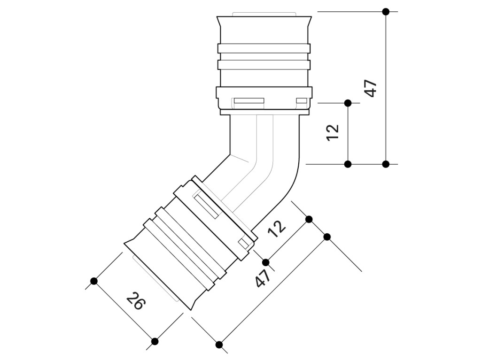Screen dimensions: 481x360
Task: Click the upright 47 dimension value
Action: [371, 88]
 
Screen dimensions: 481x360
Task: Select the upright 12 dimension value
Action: [333, 132]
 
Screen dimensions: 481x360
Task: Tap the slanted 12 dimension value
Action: [277, 229]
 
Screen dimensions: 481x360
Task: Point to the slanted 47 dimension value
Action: [263, 278]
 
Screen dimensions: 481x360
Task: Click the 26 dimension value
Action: [135, 301]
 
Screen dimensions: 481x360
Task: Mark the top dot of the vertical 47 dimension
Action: [386, 12]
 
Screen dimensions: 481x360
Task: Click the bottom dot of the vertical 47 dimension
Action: [386, 164]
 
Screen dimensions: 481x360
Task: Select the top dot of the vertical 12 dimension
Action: [348, 103]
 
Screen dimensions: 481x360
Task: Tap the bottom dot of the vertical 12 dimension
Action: [348, 164]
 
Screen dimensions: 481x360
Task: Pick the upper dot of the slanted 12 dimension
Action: [309, 219]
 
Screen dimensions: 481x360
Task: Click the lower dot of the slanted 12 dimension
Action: [266, 262]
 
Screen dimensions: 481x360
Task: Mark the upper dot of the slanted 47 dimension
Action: [327, 237]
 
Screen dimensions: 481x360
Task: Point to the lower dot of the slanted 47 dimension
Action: [219, 345]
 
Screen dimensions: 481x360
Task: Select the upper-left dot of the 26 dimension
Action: [94, 281]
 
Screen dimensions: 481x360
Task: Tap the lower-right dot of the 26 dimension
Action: [155, 341]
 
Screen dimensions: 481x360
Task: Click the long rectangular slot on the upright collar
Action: [249, 100]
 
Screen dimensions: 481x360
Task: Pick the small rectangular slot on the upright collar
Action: [302, 100]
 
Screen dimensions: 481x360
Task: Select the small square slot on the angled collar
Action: [244, 244]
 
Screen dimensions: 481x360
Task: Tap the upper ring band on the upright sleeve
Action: [264, 48]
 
